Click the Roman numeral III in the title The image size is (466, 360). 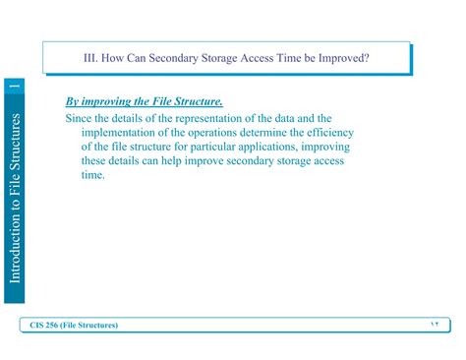(x=90, y=58)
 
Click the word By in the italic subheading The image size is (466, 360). (x=73, y=101)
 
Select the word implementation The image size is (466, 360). (x=123, y=133)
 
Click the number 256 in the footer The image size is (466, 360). (x=62, y=326)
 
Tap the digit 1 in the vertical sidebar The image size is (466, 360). (x=15, y=90)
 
